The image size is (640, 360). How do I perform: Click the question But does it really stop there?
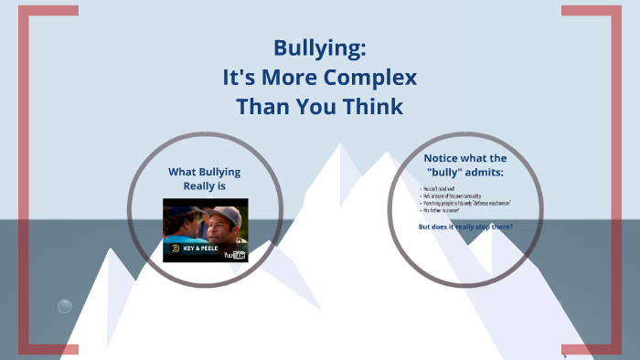(x=465, y=226)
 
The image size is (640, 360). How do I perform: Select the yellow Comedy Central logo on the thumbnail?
(x=171, y=248)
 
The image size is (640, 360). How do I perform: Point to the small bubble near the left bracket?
(x=65, y=306)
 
